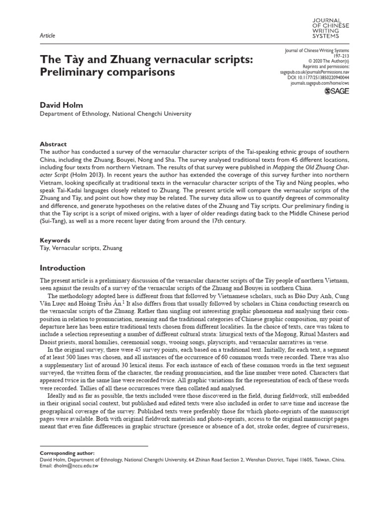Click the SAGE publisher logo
click(336, 91)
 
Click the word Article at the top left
click(47, 36)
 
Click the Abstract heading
click(53, 130)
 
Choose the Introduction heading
click(63, 268)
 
